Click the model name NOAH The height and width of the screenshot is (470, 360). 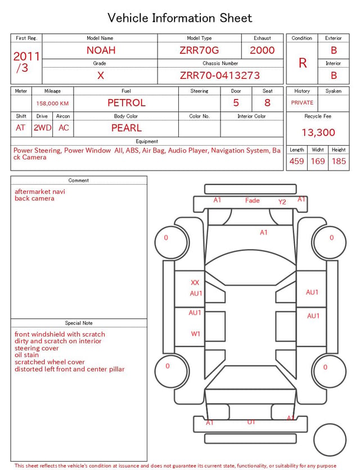(x=101, y=50)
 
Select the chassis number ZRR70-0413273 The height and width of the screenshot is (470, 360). (x=220, y=75)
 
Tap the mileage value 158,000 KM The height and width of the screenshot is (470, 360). (x=52, y=104)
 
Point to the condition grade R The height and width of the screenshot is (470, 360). (x=303, y=63)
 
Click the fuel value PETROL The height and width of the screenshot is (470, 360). (x=127, y=103)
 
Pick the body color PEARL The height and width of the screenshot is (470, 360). (x=127, y=128)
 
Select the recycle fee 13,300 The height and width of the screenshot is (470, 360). (x=318, y=132)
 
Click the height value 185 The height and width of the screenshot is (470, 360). (x=339, y=161)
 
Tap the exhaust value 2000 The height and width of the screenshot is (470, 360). (x=262, y=50)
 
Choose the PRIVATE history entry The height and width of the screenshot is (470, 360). (x=302, y=102)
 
